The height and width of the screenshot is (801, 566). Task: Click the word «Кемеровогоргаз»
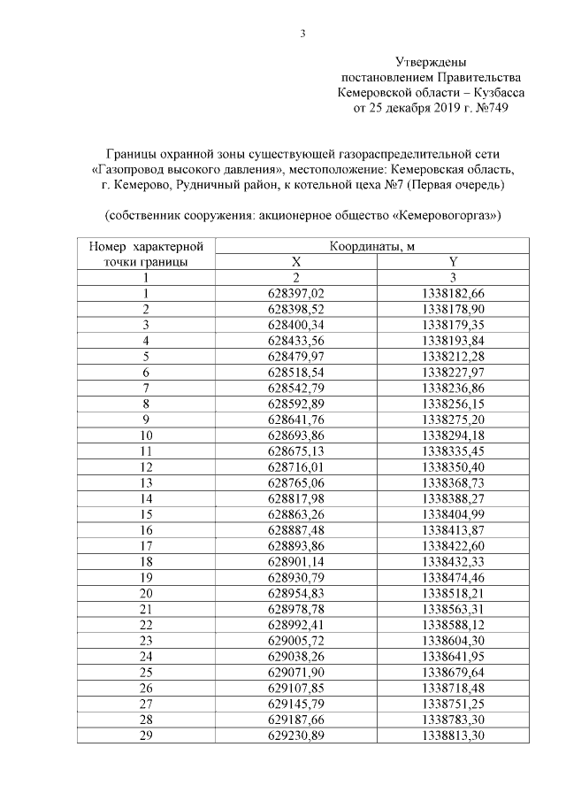(x=445, y=216)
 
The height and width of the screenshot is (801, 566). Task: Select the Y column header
(x=454, y=262)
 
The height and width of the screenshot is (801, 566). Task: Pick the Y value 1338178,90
(x=454, y=309)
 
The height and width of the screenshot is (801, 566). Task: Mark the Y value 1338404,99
(x=454, y=513)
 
